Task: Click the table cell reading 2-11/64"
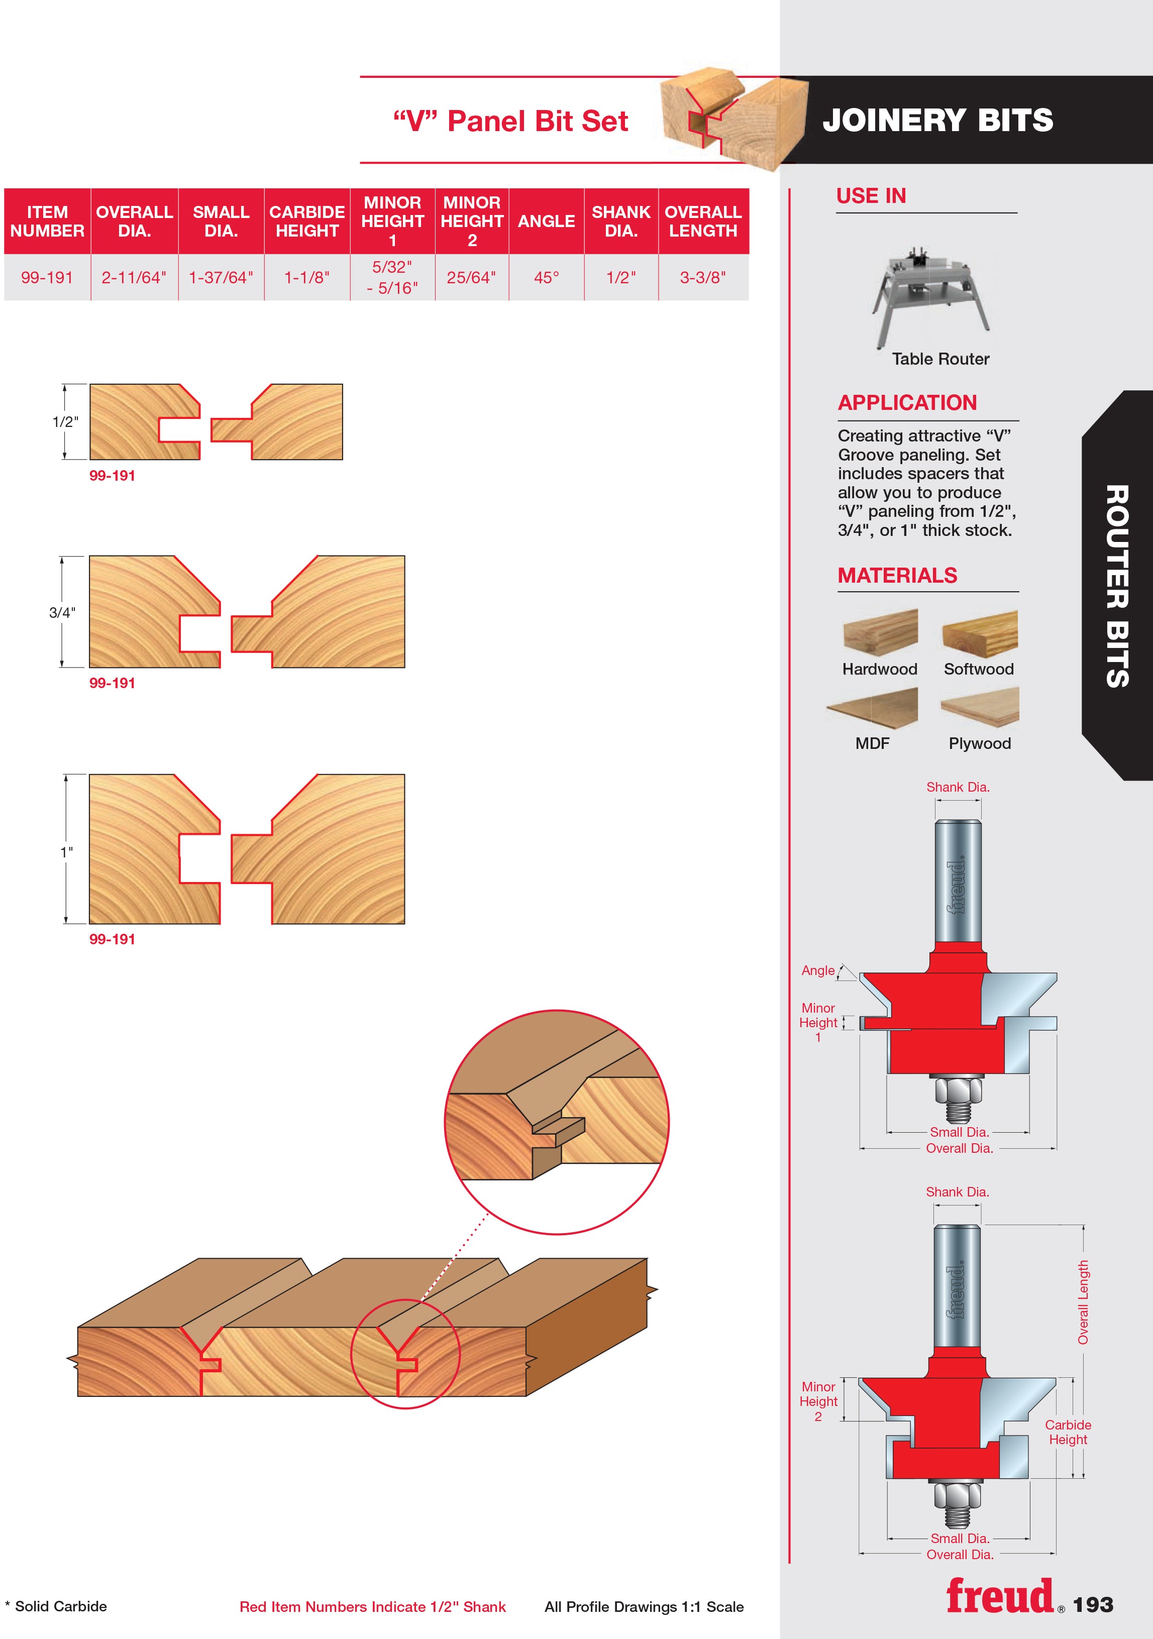pos(134,278)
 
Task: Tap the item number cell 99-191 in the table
pos(47,278)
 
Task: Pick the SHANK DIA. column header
pos(621,222)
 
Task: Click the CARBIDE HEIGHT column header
pos(307,222)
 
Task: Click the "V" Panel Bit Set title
pos(511,122)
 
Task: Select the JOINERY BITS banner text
pos(938,120)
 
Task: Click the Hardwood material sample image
pos(880,632)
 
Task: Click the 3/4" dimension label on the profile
pos(62,612)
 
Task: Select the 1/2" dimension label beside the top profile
pos(65,422)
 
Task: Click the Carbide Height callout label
pos(1068,1432)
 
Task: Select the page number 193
pos(1093,1605)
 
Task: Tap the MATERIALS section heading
pos(897,575)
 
